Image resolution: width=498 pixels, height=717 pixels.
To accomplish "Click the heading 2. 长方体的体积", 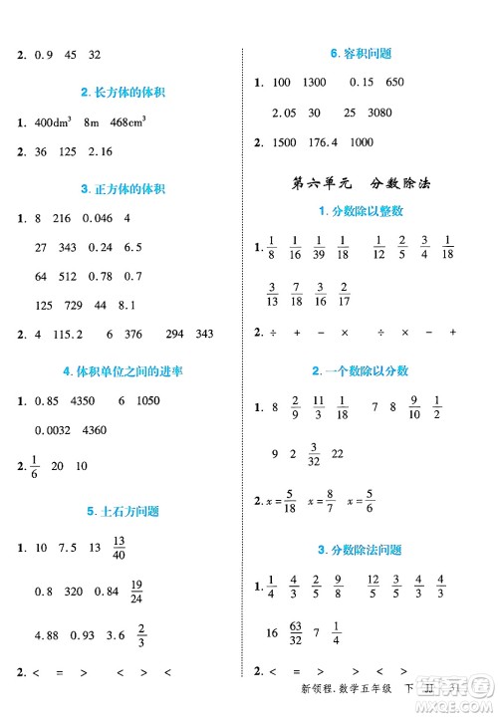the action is point(123,93).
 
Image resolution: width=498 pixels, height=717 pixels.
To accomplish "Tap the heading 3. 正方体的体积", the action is point(123,189).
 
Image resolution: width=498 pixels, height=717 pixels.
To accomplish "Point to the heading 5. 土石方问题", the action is point(123,512).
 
